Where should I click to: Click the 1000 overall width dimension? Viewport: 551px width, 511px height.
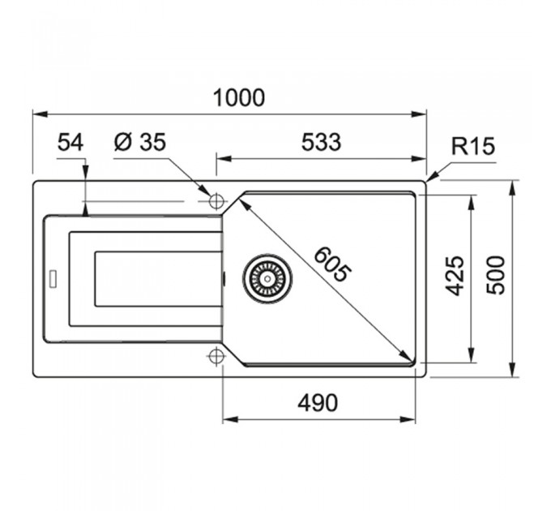[238, 98]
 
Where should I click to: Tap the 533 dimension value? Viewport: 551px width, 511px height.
[321, 142]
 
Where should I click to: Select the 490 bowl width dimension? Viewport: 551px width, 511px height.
[318, 403]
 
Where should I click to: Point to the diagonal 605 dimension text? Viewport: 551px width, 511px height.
[332, 264]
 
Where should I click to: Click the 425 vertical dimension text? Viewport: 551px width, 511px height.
[455, 276]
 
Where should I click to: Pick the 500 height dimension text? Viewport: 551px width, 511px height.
[495, 275]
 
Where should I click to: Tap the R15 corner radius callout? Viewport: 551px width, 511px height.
[473, 146]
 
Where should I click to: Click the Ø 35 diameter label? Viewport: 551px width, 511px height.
[140, 142]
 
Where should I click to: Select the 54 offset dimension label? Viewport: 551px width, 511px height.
[70, 143]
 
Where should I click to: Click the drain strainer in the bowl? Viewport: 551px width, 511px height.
[267, 278]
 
